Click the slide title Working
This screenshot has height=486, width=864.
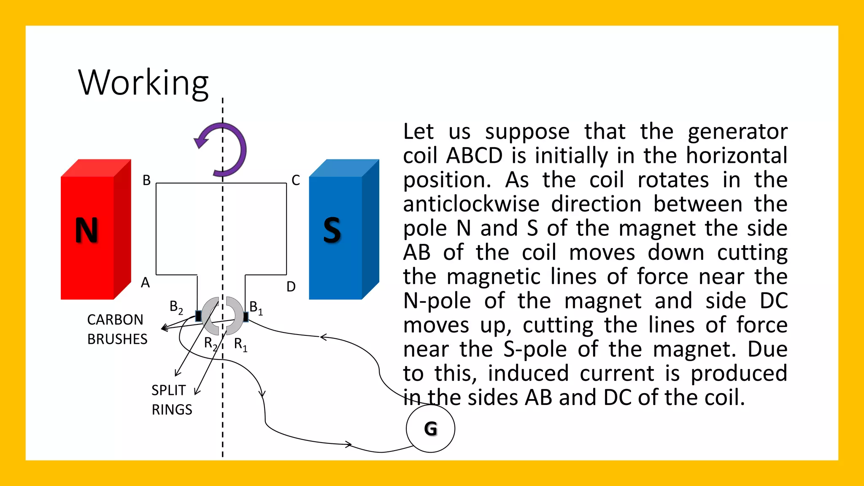(143, 83)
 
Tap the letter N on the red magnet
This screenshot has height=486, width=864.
(86, 230)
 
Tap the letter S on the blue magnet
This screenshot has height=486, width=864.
(332, 230)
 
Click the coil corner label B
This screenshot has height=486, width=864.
(146, 181)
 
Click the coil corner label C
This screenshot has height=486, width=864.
(296, 181)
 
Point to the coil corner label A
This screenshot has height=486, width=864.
(145, 283)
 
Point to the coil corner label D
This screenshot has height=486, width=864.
(291, 287)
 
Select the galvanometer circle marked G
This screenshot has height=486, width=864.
(430, 429)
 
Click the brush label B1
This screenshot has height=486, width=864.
(256, 308)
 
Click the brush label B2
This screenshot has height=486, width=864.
(176, 307)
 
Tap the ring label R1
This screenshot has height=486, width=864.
(240, 344)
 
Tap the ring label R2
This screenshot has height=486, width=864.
(210, 343)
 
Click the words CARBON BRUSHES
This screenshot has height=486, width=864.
(117, 329)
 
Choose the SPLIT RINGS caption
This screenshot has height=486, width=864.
(171, 400)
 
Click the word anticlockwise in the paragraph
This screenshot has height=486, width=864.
(471, 204)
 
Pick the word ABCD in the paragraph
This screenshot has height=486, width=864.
(474, 156)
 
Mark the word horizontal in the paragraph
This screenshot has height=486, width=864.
(737, 156)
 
